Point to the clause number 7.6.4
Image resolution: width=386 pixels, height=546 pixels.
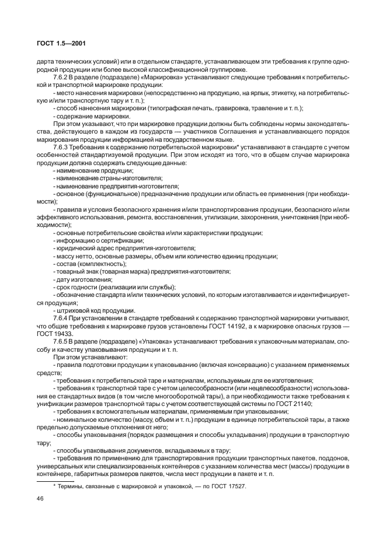point(61,317)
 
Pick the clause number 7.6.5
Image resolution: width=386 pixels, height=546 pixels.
point(61,340)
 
